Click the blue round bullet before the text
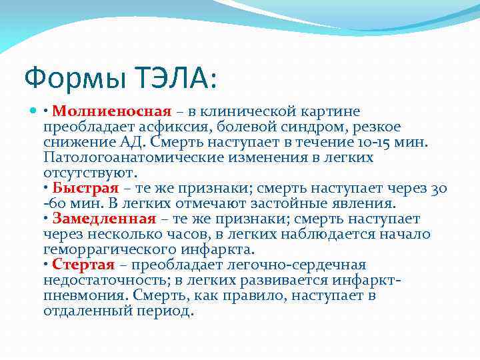[34, 112]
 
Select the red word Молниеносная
[112, 111]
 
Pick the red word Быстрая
[85, 189]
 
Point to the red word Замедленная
[104, 219]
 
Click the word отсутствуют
[89, 173]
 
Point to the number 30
[438, 189]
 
